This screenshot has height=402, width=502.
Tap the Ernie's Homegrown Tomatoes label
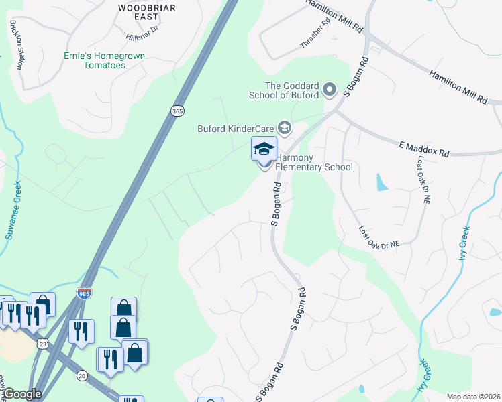[104, 60]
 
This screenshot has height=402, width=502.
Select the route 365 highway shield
[177, 111]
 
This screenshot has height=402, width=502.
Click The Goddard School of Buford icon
[330, 89]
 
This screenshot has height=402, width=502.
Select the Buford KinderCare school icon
[285, 128]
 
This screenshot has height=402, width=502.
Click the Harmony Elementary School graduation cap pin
[264, 149]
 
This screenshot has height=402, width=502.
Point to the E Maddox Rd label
[423, 149]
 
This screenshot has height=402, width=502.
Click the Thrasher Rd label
[316, 31]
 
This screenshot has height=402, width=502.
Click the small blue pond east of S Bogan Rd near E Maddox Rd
[381, 182]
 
